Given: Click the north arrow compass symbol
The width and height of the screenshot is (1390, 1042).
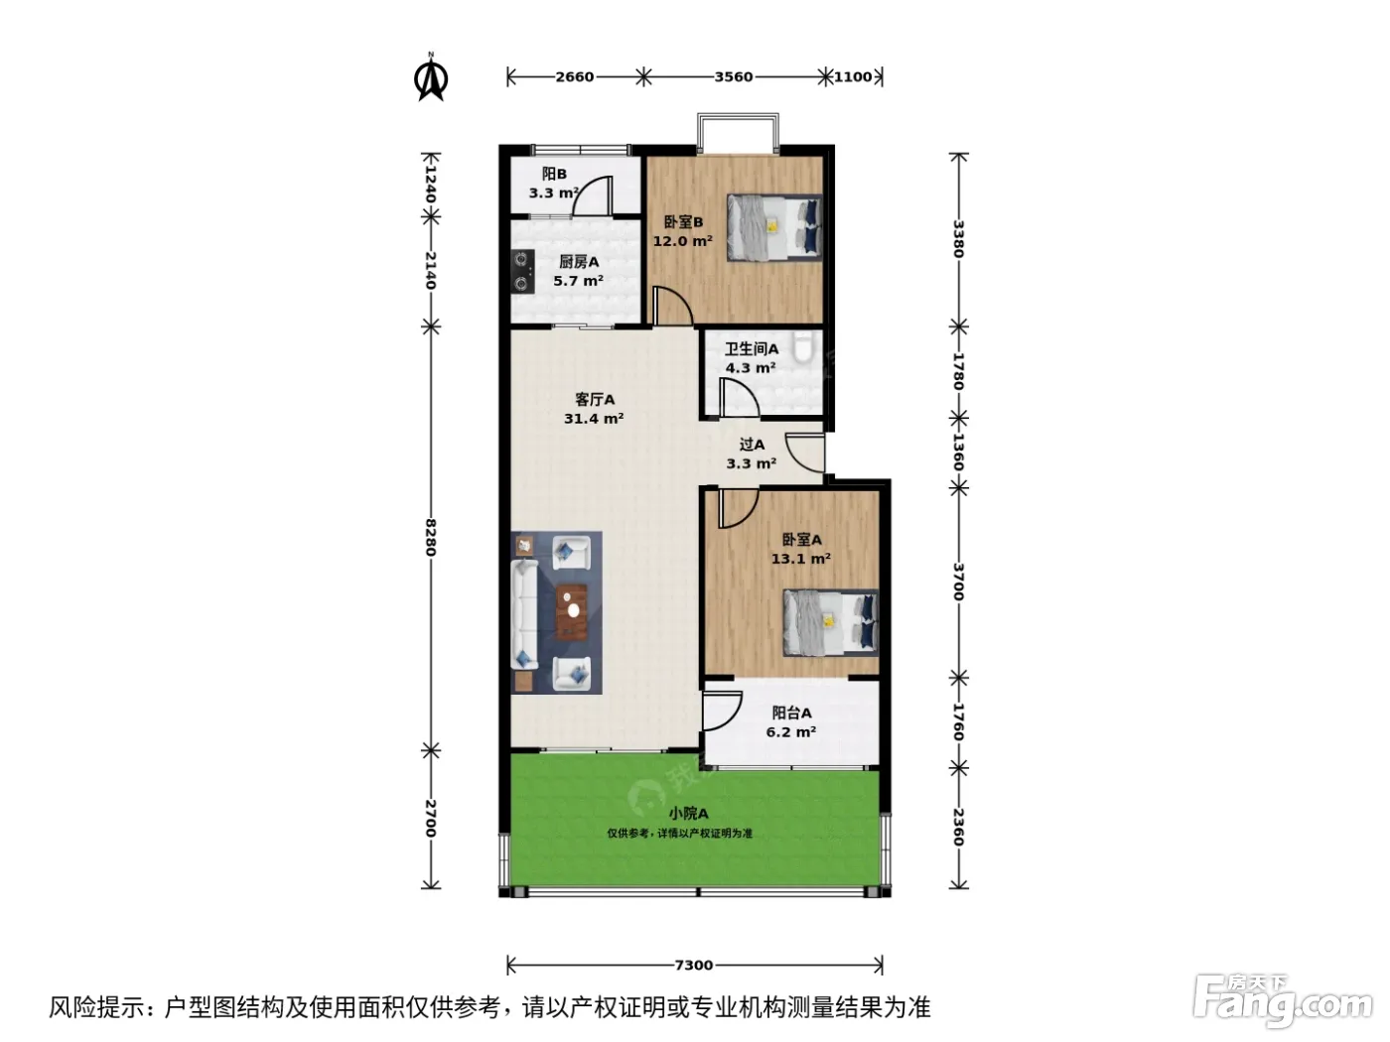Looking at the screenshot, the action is (x=431, y=77).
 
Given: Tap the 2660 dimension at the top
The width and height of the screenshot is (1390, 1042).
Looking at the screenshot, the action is (x=574, y=77).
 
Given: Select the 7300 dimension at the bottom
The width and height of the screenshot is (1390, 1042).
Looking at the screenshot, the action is (x=694, y=966).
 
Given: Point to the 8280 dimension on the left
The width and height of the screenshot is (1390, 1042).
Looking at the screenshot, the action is (x=431, y=538).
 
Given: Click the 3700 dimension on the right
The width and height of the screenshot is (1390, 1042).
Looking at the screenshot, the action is (x=958, y=583).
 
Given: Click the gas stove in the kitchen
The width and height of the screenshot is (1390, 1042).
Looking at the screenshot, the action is (x=522, y=271).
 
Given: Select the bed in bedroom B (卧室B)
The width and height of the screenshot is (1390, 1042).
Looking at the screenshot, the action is (x=774, y=227).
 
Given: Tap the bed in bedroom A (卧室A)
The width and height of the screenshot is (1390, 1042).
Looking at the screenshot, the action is (x=831, y=622).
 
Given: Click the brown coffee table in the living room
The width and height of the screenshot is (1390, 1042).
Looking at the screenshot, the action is (x=572, y=612).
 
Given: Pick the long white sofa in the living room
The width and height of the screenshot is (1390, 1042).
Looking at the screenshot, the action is (x=524, y=613).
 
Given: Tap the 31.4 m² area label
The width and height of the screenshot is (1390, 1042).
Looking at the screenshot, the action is (x=594, y=418).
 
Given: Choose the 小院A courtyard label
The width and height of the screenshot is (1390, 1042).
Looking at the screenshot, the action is (x=688, y=813).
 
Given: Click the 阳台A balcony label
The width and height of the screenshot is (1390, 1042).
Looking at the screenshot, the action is (x=791, y=713).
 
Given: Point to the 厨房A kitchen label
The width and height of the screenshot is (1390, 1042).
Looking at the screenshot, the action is (x=579, y=262).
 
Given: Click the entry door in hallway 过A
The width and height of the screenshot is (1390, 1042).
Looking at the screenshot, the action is (x=805, y=453).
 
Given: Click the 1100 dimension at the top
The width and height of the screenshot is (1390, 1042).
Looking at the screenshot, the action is (x=853, y=77).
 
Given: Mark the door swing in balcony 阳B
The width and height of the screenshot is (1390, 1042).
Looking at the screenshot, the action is (x=592, y=195).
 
